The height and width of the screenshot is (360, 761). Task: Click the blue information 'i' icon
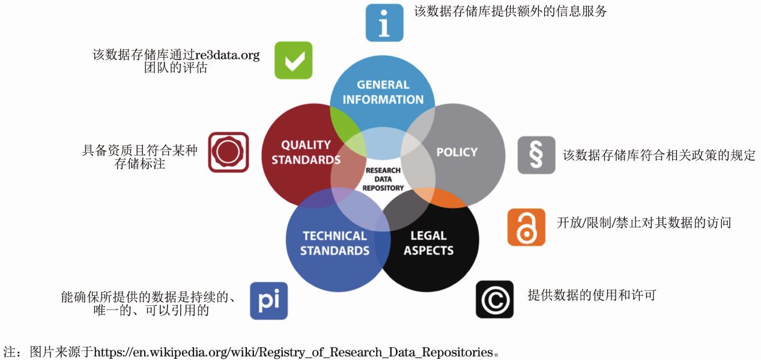(x=384, y=23)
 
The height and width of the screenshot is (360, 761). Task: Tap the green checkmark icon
(x=294, y=60)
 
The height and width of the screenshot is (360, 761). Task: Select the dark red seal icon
(x=229, y=152)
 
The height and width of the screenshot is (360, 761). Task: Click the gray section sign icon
(x=536, y=155)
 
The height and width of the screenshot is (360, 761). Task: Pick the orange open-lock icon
(x=526, y=227)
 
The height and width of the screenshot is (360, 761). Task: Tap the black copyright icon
(x=495, y=299)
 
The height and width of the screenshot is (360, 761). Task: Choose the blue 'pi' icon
(x=268, y=301)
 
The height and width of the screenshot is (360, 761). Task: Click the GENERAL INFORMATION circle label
(x=383, y=92)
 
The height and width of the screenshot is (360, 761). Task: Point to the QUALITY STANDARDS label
(x=306, y=152)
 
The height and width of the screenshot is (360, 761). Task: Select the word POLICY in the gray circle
(x=457, y=152)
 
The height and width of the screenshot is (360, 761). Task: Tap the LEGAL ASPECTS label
(x=428, y=243)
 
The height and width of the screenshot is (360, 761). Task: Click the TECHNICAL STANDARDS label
(x=335, y=243)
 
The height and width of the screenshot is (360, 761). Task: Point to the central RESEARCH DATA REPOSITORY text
(x=383, y=179)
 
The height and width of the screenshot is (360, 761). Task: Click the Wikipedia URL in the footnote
(x=293, y=352)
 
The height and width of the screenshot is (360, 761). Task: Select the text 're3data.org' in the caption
(x=227, y=55)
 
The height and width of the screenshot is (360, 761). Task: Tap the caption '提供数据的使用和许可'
(x=592, y=295)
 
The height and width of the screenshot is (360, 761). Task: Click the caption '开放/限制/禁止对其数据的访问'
(x=644, y=222)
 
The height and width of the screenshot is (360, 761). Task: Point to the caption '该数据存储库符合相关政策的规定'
(x=659, y=155)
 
